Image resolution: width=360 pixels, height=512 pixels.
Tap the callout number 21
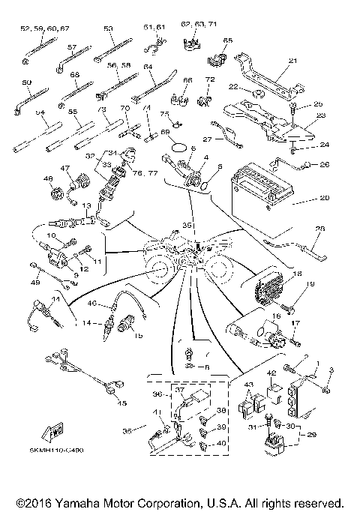[292, 61]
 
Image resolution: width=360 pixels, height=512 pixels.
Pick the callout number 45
[123, 403]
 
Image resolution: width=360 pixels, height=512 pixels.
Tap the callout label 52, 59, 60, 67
[45, 28]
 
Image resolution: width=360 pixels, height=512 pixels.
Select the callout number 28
[320, 229]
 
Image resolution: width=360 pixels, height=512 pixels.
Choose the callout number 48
[49, 180]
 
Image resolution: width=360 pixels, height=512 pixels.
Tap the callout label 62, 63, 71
[198, 24]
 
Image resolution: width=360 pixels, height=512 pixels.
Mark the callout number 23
[321, 115]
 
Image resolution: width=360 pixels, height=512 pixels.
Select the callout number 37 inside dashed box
[180, 390]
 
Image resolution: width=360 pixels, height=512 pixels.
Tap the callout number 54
[41, 112]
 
